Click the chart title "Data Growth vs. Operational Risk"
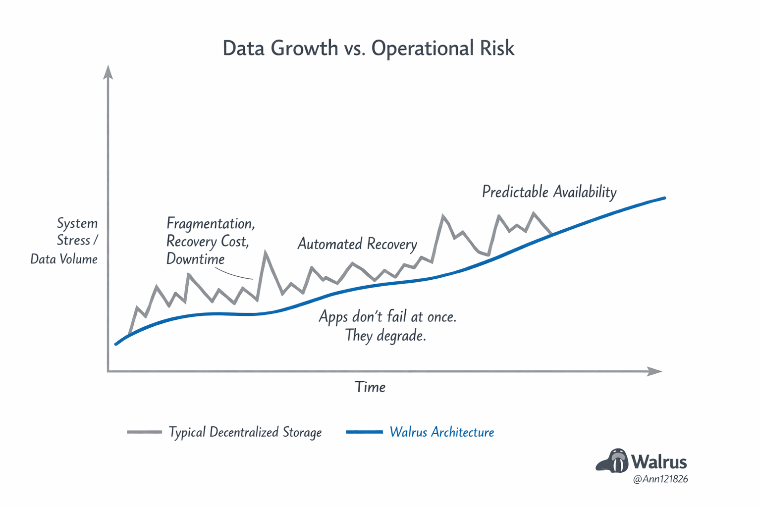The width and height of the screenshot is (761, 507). click(368, 49)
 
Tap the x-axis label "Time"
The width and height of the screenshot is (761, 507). click(370, 387)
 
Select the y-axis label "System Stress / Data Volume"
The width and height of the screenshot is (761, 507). click(65, 241)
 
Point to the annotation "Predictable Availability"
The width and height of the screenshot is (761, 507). click(549, 192)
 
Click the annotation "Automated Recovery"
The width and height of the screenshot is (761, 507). click(357, 244)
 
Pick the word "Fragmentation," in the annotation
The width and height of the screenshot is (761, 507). click(211, 224)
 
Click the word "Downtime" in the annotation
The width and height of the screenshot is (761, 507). click(195, 259)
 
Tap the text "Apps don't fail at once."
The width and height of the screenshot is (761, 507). click(387, 316)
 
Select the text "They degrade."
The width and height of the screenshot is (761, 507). click(385, 336)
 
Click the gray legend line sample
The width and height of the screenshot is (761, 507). click(144, 432)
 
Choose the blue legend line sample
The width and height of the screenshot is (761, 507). click(364, 432)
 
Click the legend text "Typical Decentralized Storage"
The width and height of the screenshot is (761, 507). click(245, 432)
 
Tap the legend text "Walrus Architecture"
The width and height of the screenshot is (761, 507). click(442, 432)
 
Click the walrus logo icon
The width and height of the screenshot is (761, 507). click(612, 460)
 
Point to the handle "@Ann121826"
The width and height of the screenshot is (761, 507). click(660, 479)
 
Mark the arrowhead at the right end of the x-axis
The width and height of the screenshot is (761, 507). click(655, 371)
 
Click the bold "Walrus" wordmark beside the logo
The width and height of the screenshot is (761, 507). click(659, 462)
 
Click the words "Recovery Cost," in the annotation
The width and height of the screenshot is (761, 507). click(208, 242)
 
